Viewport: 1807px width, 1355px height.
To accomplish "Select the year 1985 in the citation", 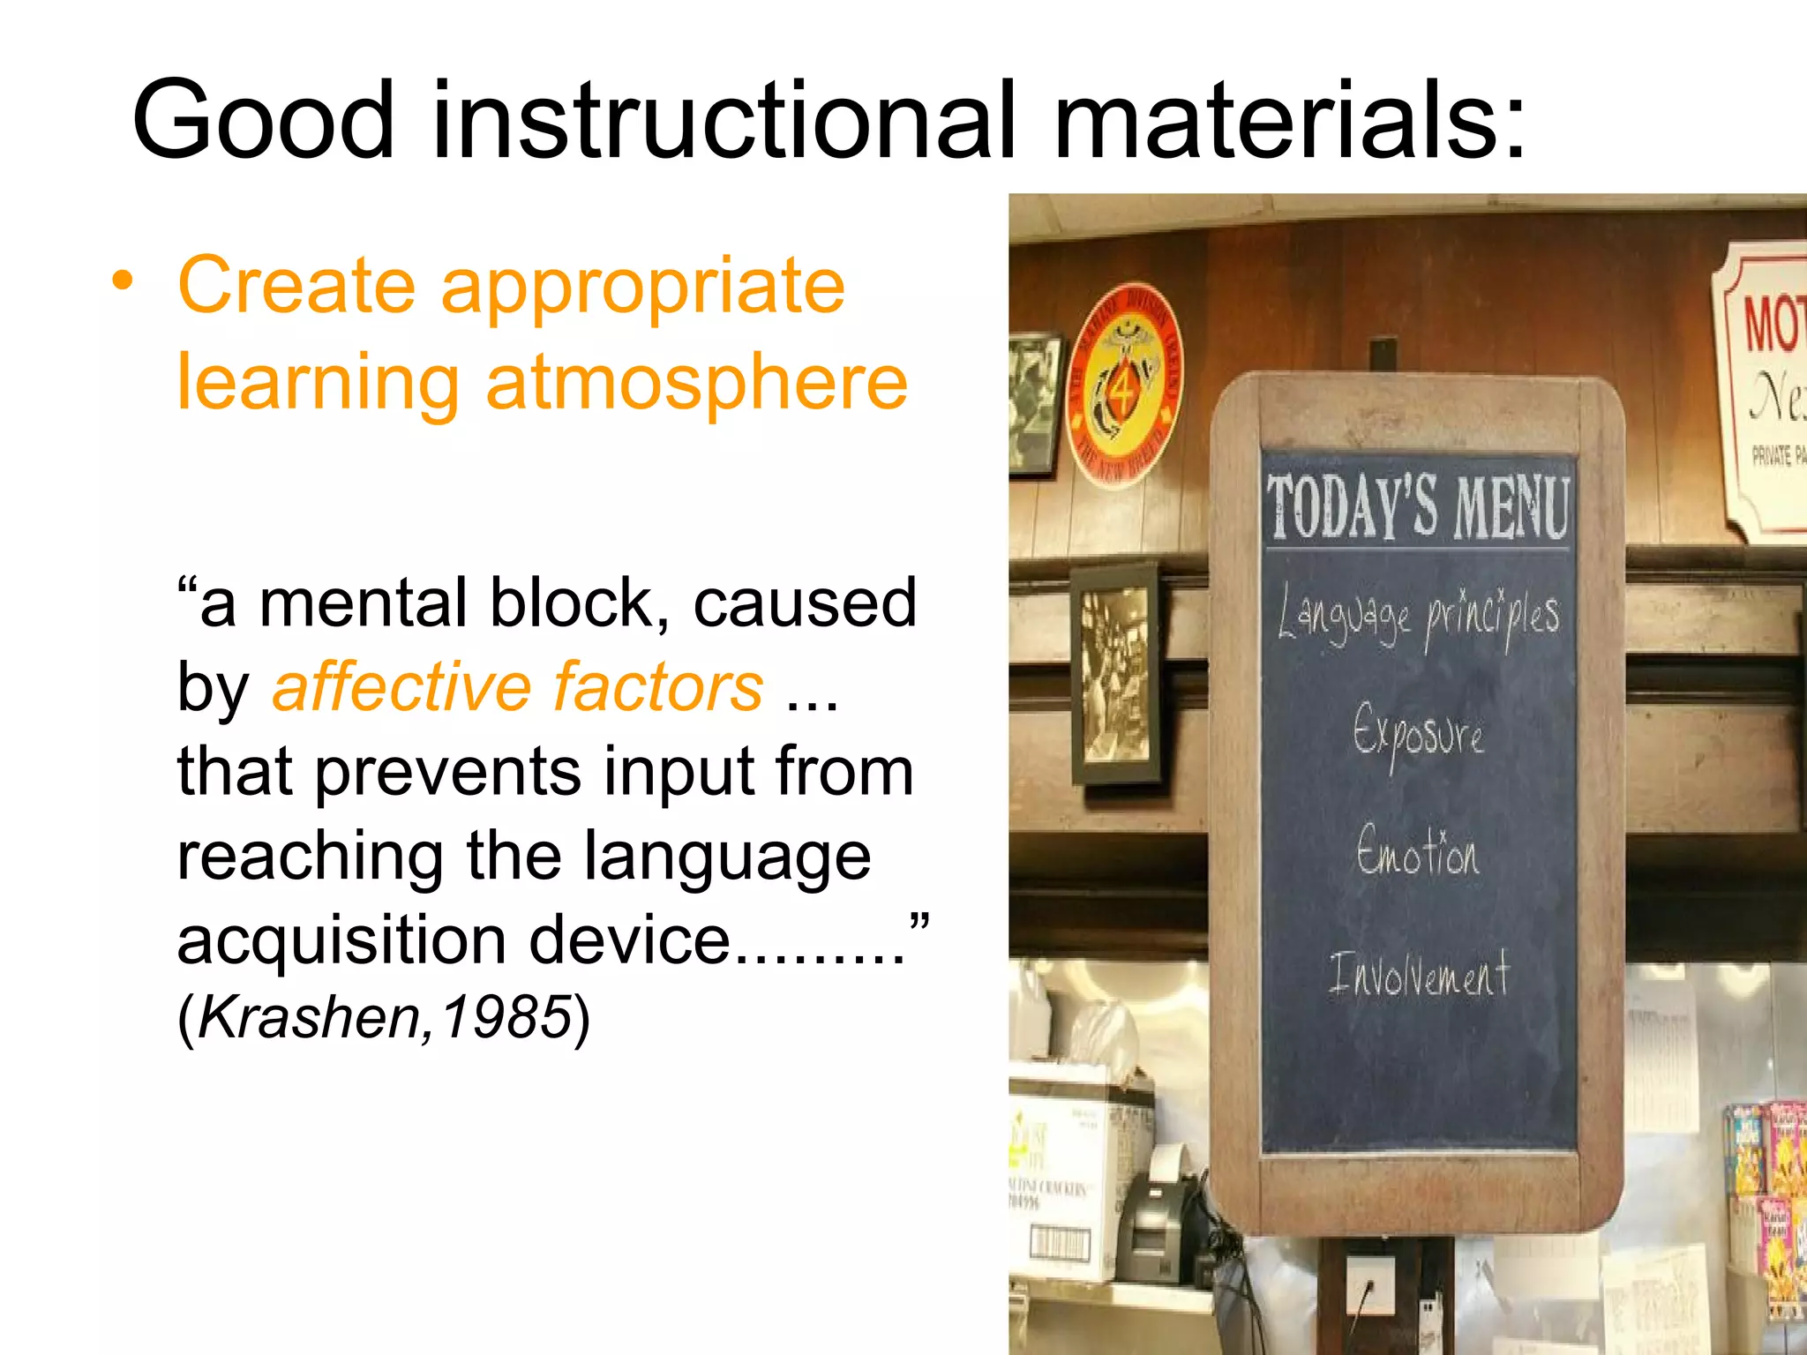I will click(x=506, y=1017).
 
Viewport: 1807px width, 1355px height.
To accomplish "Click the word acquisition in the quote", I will click(x=341, y=940).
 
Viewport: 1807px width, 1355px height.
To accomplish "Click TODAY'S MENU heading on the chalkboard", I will click(x=1418, y=506).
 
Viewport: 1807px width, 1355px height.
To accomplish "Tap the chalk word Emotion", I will click(x=1417, y=852).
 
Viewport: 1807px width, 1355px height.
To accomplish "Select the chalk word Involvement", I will click(x=1419, y=974).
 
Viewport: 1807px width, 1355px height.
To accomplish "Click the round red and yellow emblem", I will click(x=1123, y=385).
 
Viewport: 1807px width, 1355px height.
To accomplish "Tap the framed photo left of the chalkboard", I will click(x=1115, y=673).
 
